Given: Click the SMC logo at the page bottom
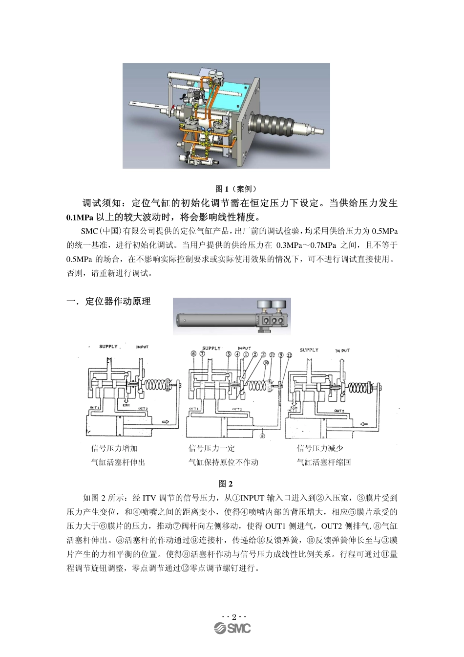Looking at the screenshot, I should click(232, 629).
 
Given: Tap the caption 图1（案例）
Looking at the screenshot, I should click(236, 189).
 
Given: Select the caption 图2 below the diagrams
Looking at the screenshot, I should click(226, 484).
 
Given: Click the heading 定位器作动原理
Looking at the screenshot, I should click(118, 302).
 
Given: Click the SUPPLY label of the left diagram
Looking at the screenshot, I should click(108, 347).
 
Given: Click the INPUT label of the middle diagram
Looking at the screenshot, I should click(244, 349).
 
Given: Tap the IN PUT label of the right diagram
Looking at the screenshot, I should click(342, 350).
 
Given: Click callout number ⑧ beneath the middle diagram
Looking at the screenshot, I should click(262, 436).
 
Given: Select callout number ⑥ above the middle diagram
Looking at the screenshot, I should click(193, 354).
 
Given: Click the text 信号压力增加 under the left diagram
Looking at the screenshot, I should click(114, 448).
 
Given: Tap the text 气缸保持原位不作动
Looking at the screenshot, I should click(224, 462).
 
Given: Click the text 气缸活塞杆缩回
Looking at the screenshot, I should click(324, 462).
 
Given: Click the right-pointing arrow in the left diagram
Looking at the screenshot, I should click(167, 422).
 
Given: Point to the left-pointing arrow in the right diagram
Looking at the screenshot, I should click(364, 424).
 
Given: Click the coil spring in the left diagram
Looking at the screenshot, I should click(156, 385).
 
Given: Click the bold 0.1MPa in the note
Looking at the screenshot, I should click(80, 217).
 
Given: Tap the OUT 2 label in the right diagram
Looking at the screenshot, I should click(338, 411).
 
